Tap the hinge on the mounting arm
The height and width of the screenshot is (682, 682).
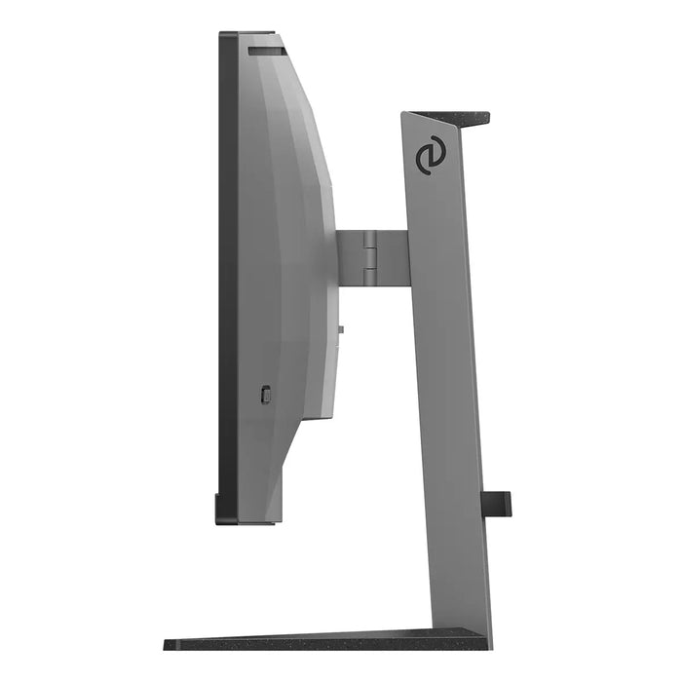point(370,257)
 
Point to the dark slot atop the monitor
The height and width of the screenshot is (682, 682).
point(265,48)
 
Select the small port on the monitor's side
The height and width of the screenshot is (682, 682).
point(267,395)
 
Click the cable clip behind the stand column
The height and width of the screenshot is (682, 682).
point(498,503)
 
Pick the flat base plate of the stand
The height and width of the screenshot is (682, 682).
point(322,643)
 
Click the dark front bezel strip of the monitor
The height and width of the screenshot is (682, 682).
point(228,273)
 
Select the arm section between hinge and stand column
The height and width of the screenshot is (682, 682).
point(390,257)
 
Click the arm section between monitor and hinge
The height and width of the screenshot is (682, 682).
point(350,257)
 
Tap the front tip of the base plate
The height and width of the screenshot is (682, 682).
point(168,644)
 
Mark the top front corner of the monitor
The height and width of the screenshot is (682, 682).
point(223,35)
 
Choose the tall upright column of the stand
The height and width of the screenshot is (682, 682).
point(443,390)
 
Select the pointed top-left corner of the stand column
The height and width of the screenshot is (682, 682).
point(403,114)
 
